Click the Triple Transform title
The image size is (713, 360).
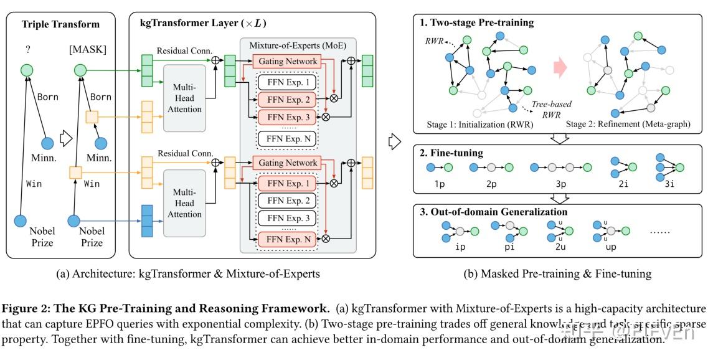tap(60, 24)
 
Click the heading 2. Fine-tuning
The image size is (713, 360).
tap(451, 153)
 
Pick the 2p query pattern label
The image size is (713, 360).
tap(491, 186)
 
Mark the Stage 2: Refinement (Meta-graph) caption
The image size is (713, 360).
tap(627, 124)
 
